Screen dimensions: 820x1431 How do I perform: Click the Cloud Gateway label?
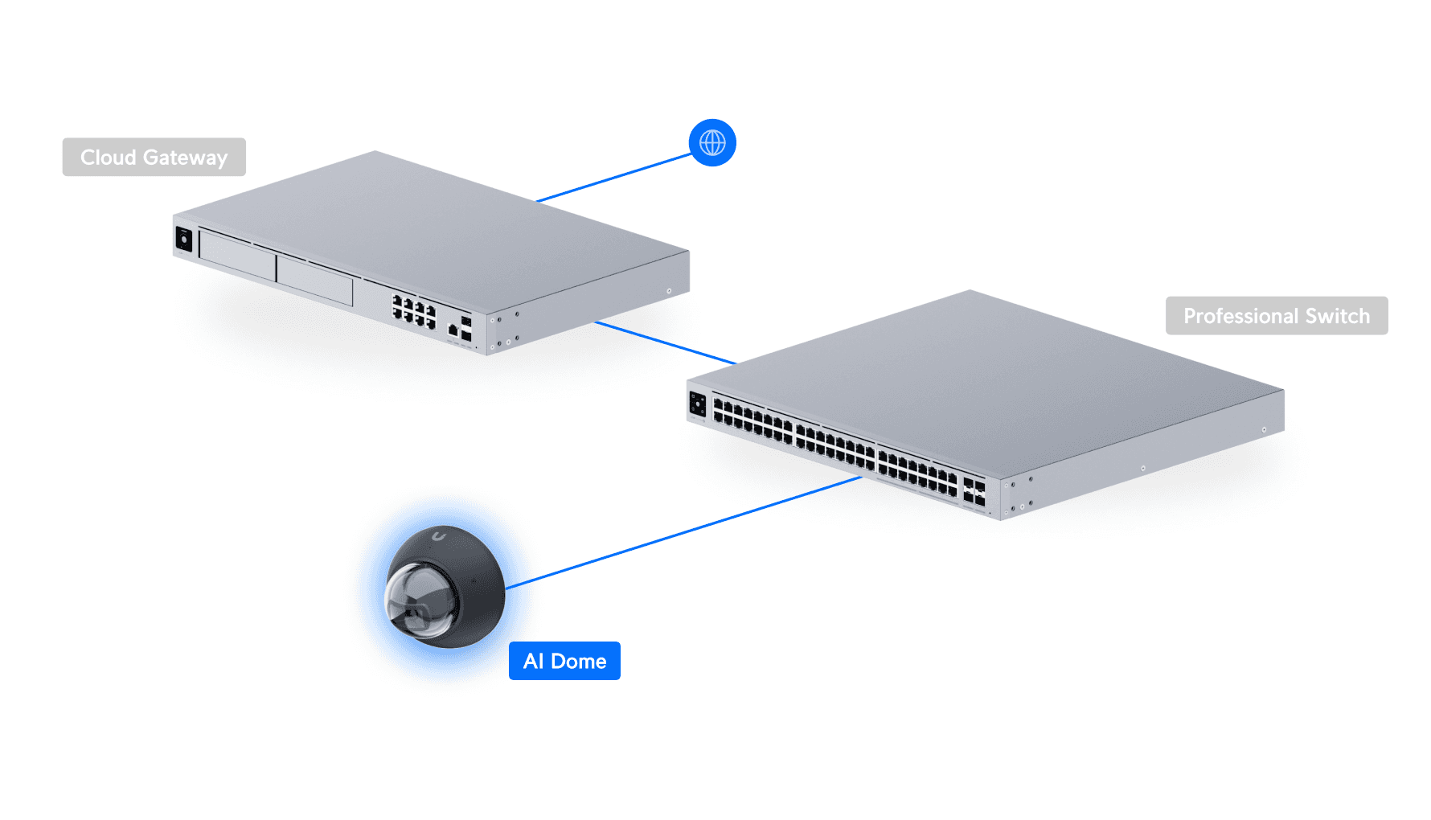[x=154, y=157]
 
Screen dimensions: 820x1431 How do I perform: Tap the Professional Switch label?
[x=1276, y=316]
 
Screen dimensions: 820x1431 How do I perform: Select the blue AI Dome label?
[x=564, y=661]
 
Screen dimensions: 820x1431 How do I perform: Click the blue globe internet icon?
[x=712, y=142]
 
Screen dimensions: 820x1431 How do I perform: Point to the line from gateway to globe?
[x=615, y=177]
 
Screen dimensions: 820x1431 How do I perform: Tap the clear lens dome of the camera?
[x=416, y=599]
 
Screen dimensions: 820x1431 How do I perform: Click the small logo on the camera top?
[x=438, y=536]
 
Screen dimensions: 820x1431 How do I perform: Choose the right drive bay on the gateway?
[x=314, y=279]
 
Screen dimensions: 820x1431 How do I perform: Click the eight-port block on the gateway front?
[x=413, y=310]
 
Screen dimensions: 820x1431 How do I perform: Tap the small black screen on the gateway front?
[x=184, y=240]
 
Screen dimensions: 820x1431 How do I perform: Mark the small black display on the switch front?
[x=697, y=404]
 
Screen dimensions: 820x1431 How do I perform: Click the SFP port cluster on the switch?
[x=974, y=493]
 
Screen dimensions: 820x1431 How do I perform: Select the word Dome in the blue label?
[x=578, y=661]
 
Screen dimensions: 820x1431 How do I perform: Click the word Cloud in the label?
[x=108, y=157]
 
